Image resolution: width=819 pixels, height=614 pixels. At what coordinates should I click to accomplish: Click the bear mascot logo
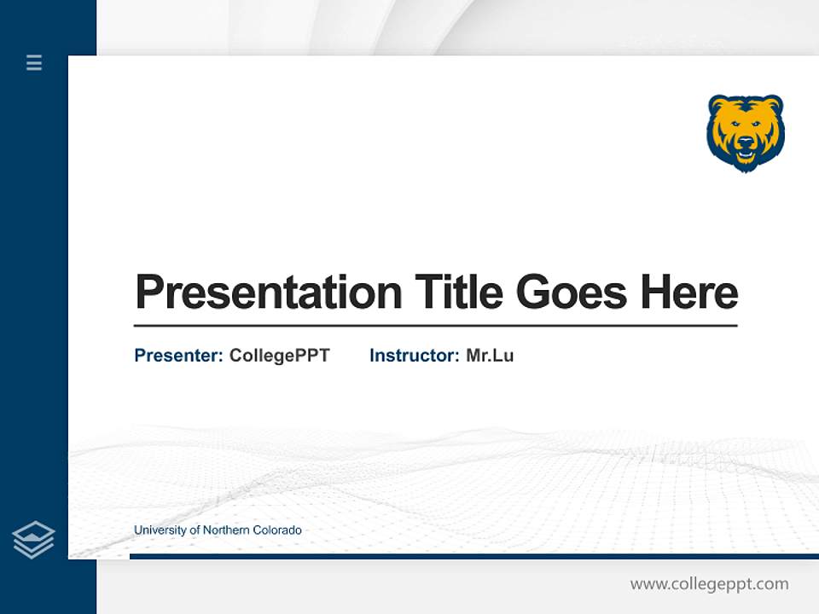[746, 132]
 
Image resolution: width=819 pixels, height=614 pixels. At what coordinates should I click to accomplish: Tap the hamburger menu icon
[34, 62]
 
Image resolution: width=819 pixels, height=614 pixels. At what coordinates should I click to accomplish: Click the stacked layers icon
[33, 540]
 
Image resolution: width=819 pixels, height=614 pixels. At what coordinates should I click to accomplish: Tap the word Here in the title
[689, 292]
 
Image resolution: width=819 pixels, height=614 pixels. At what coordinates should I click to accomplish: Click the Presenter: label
[178, 356]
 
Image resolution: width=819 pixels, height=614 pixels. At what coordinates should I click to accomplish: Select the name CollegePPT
[279, 356]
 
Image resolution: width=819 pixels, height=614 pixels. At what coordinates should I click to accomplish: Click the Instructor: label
[414, 356]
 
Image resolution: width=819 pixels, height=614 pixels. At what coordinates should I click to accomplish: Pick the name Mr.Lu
[490, 356]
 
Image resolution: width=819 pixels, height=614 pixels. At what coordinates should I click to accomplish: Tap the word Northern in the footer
[226, 530]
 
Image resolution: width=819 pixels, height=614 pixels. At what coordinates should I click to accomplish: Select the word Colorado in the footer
[277, 530]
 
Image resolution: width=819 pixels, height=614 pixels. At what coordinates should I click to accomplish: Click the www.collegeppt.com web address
[709, 584]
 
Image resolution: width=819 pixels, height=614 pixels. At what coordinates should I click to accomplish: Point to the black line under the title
[435, 326]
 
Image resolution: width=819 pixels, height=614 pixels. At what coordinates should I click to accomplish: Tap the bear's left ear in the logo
[717, 104]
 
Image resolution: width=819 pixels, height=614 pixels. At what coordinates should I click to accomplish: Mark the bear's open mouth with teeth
[746, 155]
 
